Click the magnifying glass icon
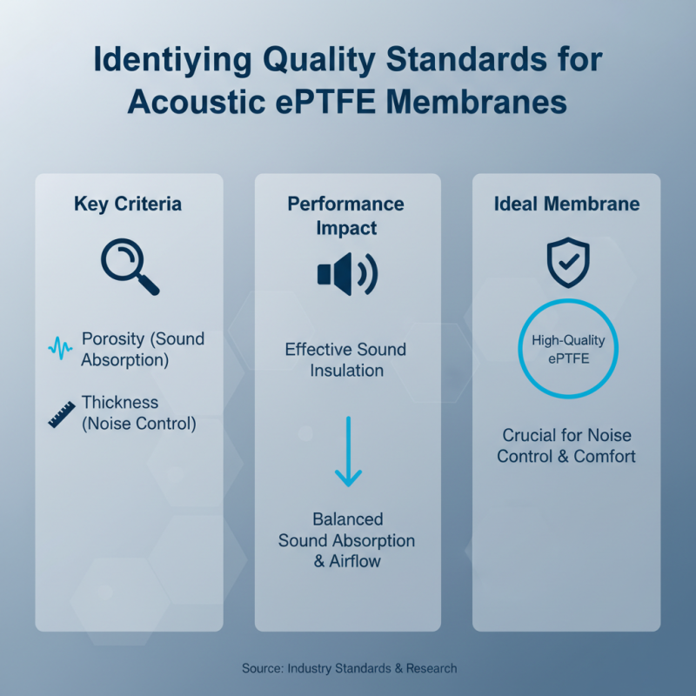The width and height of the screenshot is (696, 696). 128,265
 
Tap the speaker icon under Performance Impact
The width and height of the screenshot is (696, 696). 346,275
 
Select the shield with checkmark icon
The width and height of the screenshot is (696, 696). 567,262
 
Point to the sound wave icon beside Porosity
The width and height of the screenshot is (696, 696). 60,349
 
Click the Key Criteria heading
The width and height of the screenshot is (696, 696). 128,204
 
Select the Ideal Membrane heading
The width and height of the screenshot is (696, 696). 566,204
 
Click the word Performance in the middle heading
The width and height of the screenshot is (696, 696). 346,204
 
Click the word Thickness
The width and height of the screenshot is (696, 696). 120,403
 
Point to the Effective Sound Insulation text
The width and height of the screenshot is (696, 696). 346,360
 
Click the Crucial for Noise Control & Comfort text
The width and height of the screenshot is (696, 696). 566,445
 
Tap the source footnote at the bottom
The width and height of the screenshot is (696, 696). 348,668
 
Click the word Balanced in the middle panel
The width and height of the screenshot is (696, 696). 347,519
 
